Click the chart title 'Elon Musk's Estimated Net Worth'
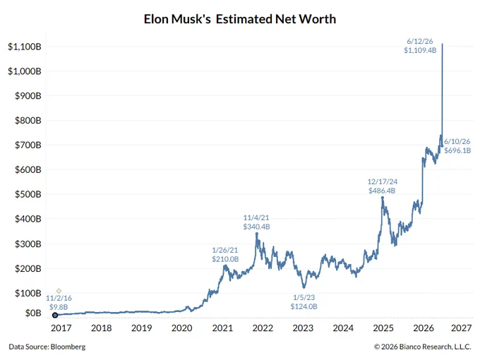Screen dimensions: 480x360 click(240, 19)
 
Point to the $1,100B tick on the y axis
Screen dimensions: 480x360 click(25, 47)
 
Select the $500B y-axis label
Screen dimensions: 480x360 click(28, 194)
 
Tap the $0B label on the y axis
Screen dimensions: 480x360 click(33, 313)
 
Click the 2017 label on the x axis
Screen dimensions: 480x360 click(61, 328)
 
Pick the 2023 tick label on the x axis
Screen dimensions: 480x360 click(303, 328)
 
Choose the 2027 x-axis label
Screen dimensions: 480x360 click(462, 328)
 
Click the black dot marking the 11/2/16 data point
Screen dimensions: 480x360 click(55, 315)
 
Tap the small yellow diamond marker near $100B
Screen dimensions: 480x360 click(59, 291)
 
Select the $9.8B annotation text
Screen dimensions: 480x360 click(59, 307)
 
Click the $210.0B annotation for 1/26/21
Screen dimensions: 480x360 click(225, 259)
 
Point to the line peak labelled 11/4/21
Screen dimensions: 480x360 click(257, 234)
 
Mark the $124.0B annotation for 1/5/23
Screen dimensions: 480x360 click(304, 306)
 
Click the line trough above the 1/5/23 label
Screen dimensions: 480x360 click(304, 287)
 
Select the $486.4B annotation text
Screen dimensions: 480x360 click(382, 191)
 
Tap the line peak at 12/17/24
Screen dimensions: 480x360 click(383, 198)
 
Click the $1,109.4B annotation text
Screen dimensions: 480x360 click(420, 51)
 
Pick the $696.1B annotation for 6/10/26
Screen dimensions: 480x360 click(457, 150)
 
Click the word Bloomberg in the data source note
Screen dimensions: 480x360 click(68, 347)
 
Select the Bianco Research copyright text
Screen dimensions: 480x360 click(422, 347)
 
